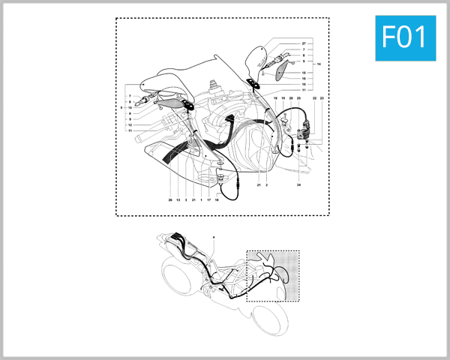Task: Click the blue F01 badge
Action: click(x=404, y=37)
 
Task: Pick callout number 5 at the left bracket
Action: click(x=123, y=107)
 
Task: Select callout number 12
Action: click(x=130, y=124)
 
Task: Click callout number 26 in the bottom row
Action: click(x=170, y=200)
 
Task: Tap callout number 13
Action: click(x=178, y=200)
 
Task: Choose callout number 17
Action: click(x=208, y=200)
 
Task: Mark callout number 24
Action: click(x=298, y=184)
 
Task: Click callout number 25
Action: click(x=299, y=98)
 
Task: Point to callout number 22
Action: click(x=314, y=98)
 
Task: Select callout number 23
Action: click(x=322, y=98)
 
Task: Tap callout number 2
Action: click(x=265, y=184)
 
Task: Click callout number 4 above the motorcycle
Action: click(x=214, y=237)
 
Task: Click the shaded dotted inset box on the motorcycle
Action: click(x=273, y=274)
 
